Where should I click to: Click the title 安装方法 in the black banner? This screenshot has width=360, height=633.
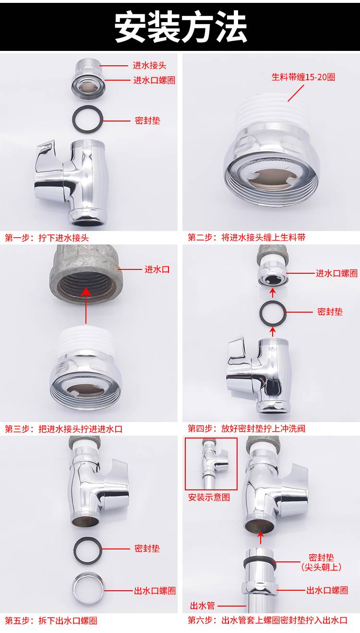point(180,27)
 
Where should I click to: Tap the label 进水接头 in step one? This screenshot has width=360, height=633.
point(150,66)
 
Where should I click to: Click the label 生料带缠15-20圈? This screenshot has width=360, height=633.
point(303,77)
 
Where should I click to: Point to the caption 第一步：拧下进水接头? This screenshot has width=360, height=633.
point(47,238)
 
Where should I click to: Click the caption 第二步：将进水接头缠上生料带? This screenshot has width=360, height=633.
point(247,237)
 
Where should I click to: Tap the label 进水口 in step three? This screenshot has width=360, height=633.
point(157,269)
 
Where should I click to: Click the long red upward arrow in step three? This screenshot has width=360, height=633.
point(86,306)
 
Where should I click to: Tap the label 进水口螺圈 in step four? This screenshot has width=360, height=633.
point(336,273)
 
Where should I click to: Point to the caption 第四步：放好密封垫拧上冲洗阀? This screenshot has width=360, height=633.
point(247,429)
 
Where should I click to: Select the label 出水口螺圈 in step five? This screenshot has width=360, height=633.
point(155,590)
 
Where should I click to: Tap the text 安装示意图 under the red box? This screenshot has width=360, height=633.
point(209,497)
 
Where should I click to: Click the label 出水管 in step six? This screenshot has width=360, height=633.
point(203,606)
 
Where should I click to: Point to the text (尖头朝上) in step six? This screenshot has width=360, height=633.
point(321,567)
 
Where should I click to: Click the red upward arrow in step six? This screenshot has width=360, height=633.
point(261,538)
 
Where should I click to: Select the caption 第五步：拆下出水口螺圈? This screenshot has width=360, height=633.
point(51,621)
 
